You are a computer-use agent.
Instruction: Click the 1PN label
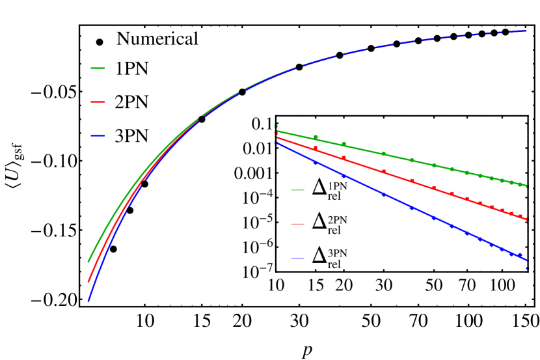coord(337,186)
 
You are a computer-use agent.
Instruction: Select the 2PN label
coord(337,220)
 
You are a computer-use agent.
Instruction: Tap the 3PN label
coord(337,254)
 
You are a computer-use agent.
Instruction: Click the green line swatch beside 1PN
coord(297,190)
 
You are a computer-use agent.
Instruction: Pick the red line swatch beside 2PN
coord(297,224)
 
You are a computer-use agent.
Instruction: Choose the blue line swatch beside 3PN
coord(297,258)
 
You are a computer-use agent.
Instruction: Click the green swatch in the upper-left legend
coord(98,68)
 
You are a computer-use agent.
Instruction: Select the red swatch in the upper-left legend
coord(98,102)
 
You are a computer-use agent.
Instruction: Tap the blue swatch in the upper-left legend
coord(98,136)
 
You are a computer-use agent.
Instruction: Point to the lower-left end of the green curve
coord(88,262)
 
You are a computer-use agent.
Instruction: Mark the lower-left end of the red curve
coord(88,282)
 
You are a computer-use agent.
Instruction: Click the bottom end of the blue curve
coord(88,301)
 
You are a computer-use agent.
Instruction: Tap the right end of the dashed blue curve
coord(526,31)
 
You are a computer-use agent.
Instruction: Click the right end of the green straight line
coord(526,187)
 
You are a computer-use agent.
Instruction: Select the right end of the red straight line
coord(526,219)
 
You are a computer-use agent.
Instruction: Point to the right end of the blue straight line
coord(526,260)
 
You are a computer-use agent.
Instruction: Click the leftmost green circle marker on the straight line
coord(316,137)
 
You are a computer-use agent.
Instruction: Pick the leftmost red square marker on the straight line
coord(316,148)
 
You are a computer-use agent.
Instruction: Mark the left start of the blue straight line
coord(277,143)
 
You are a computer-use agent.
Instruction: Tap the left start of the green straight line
coord(277,131)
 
